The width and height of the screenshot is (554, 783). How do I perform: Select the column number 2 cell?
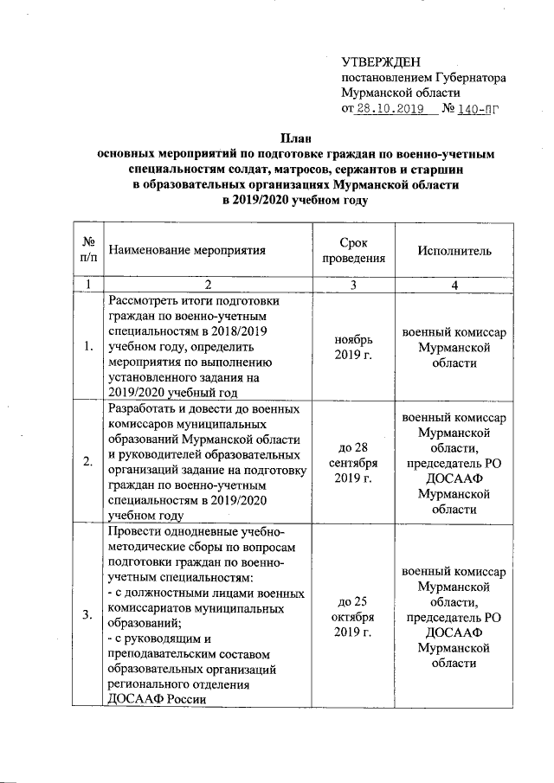coord(207,286)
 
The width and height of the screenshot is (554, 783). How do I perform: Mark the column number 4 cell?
coord(454,286)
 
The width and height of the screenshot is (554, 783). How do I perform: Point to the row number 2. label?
coord(87,461)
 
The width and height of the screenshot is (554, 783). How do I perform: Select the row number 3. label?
coord(87,614)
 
